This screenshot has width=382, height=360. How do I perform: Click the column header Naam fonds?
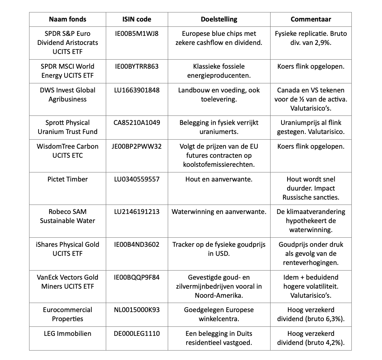click(68, 19)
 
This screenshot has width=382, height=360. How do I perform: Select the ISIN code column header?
click(137, 19)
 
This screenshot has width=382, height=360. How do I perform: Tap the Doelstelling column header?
click(219, 19)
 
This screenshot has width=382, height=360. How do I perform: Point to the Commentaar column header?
click(311, 19)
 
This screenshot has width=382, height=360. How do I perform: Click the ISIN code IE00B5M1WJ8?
click(137, 34)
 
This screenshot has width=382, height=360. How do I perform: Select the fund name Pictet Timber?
click(68, 179)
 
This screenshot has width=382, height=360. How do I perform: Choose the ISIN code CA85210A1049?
click(137, 123)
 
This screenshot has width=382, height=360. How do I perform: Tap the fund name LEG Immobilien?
click(68, 334)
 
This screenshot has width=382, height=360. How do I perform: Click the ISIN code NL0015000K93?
click(137, 310)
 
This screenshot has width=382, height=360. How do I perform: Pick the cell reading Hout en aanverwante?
click(219, 179)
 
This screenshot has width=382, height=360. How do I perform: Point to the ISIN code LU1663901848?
click(137, 90)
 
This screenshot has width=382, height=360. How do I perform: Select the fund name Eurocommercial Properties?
click(68, 314)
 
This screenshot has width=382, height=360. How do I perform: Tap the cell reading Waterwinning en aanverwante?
click(219, 212)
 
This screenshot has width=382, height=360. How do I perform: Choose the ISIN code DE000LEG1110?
click(137, 334)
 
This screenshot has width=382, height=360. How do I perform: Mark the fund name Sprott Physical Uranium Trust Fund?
click(68, 127)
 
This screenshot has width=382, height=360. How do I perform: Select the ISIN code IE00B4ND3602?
click(137, 245)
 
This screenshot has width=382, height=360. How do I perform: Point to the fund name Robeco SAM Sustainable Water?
click(68, 216)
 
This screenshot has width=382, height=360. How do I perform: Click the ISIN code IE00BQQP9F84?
click(137, 277)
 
